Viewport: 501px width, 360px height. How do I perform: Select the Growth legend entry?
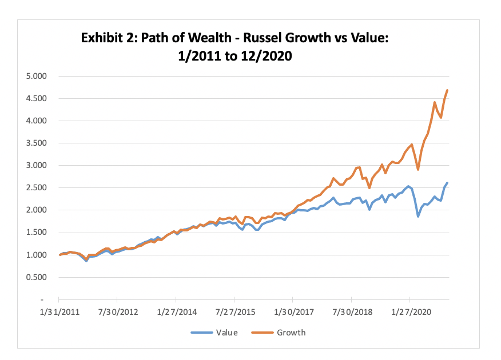tap(291, 333)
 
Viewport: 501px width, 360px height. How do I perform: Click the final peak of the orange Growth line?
tap(447, 90)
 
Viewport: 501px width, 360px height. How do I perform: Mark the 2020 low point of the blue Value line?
tap(418, 217)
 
